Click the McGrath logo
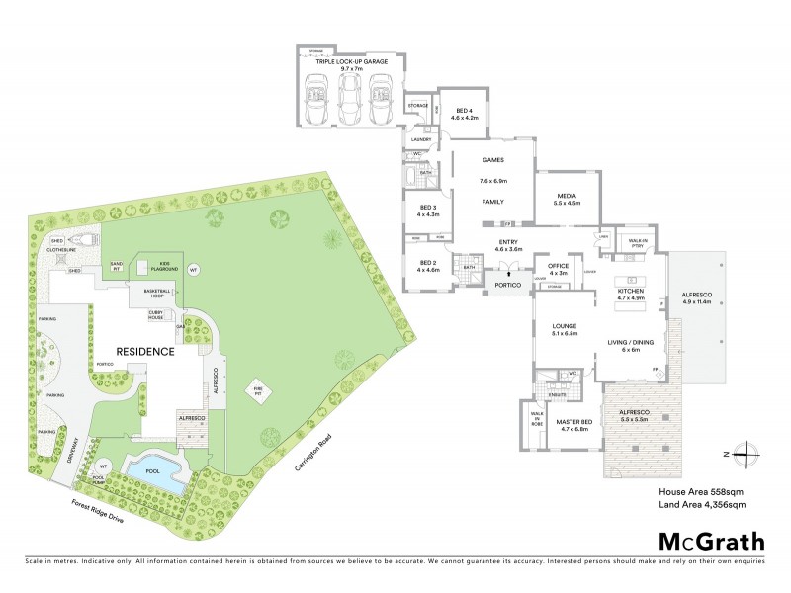tap(712, 541)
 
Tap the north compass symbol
tap(748, 454)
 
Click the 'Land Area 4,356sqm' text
tap(701, 505)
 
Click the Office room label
tap(560, 269)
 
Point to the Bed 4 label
tap(464, 114)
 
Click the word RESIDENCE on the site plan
tap(145, 351)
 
